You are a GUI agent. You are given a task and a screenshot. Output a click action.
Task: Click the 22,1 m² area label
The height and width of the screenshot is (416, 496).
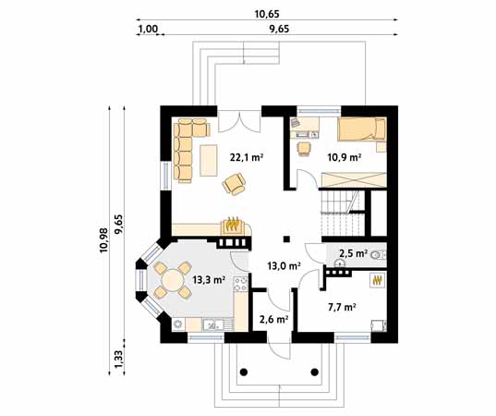[x=247, y=158]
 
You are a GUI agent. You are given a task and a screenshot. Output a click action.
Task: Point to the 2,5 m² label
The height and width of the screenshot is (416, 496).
[x=354, y=252]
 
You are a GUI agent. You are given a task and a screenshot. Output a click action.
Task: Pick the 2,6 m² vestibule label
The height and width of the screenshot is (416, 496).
[x=274, y=320]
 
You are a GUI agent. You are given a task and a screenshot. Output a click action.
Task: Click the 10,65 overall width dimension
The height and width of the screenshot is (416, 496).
[x=265, y=15]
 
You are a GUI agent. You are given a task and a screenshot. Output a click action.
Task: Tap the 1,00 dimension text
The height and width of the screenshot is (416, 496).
[x=146, y=30]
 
